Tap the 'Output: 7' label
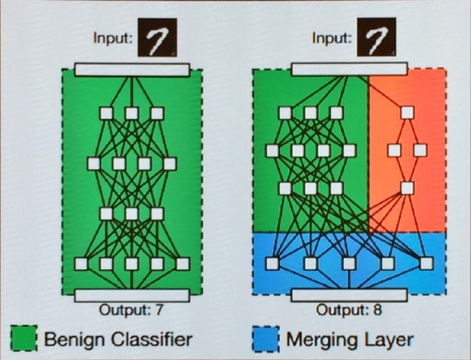pos(131,310)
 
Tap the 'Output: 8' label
pos(348,310)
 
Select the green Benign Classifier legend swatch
pos(24,337)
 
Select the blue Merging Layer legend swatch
pos(266,337)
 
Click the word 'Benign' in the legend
pos(71,338)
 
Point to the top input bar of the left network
pos(132,69)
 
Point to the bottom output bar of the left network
pos(132,294)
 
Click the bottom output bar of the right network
pos(349,294)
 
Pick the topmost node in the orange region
pos(406,113)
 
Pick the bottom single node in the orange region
pos(406,188)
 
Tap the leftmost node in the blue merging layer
pos(272,263)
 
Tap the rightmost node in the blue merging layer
pos(426,263)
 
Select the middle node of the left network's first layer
pos(132,113)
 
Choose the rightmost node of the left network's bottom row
pos(183,263)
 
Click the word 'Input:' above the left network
pos(113,38)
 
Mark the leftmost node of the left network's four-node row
pos(94,163)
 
